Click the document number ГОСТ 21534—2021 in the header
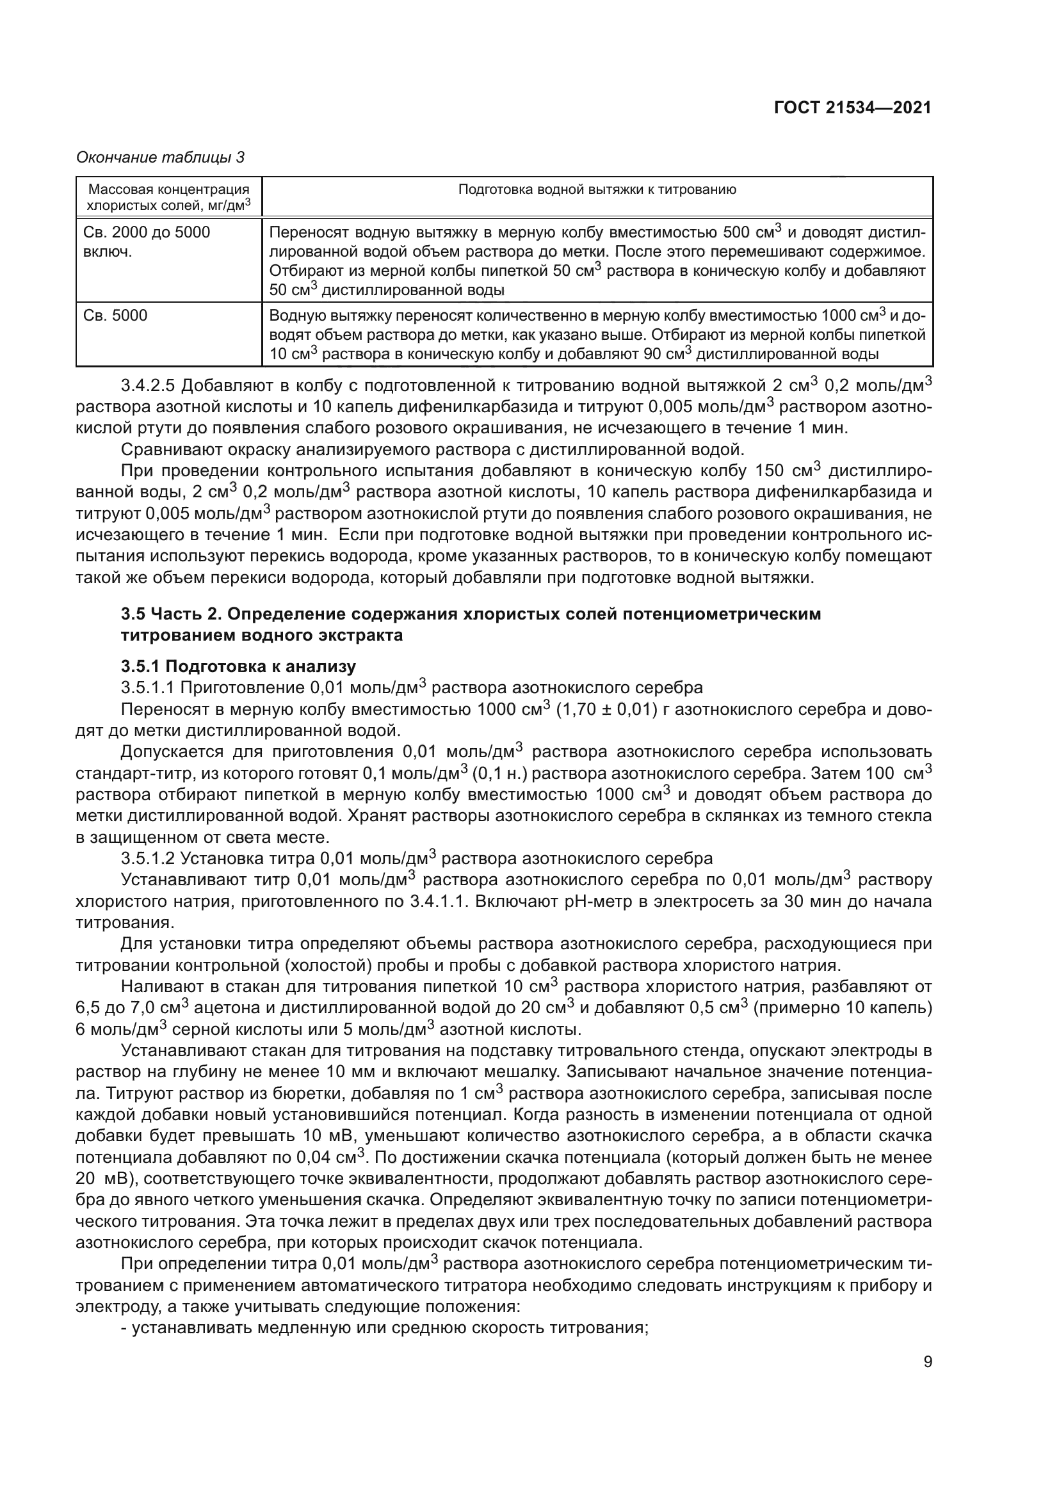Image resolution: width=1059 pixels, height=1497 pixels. coord(852,108)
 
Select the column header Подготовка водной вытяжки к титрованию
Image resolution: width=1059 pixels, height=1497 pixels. coord(597,189)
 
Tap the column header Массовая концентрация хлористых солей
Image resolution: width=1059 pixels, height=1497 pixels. coord(169,198)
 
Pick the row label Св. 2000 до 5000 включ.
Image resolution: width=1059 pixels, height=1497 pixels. coord(147,242)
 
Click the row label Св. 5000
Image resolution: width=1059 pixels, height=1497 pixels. coord(115,316)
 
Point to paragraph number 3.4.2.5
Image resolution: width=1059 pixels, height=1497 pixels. coord(148,386)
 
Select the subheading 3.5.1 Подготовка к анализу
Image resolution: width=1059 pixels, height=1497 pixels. coord(238,666)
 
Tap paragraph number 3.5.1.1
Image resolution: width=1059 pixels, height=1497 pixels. coord(148,688)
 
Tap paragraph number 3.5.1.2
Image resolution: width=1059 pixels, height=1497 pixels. coord(148,858)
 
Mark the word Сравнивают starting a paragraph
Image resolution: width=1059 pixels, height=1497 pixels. coord(170,450)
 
